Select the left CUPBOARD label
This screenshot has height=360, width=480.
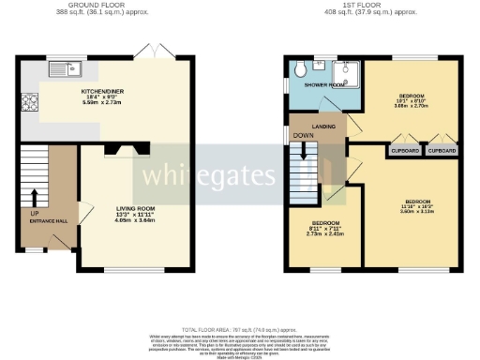click(403, 149)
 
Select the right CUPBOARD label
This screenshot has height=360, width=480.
click(442, 149)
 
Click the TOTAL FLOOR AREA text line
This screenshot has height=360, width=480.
click(241, 330)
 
